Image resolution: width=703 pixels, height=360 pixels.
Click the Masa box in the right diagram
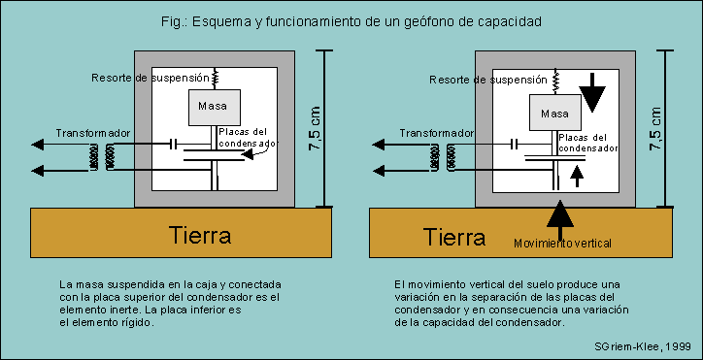point(553,114)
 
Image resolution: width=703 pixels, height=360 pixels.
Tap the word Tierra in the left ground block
point(201,235)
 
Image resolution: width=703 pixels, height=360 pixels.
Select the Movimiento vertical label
point(563,243)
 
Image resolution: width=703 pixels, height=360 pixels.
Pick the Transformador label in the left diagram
point(92,132)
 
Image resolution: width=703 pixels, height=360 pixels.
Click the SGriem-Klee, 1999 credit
point(643,345)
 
